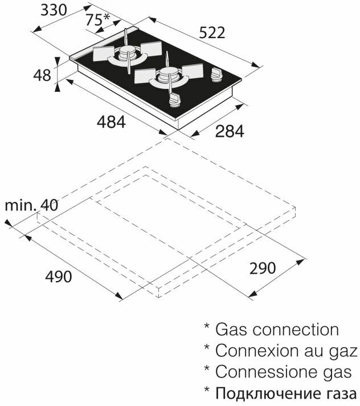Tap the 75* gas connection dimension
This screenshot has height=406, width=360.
[97, 19]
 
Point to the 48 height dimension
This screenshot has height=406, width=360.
[42, 75]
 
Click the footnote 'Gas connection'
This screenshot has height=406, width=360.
[276, 329]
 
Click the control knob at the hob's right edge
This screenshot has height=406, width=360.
[216, 75]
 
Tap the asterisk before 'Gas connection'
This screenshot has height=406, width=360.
[208, 328]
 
